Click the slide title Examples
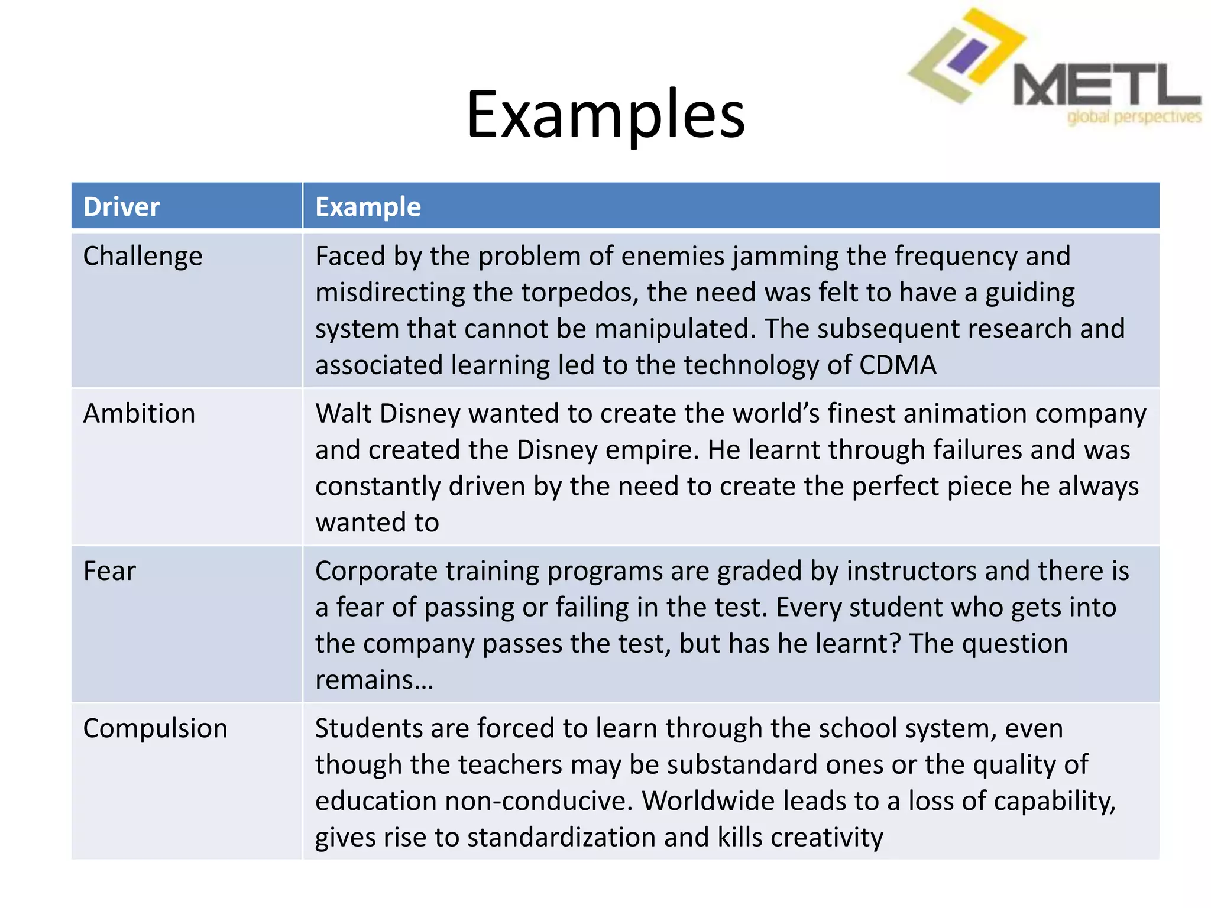tap(605, 115)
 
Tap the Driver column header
tap(121, 207)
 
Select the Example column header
tap(368, 207)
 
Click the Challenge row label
tap(143, 257)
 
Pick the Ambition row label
tap(139, 413)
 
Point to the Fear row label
tap(109, 571)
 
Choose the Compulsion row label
tap(155, 728)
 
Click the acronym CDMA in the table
tap(897, 365)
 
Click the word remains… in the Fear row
tap(374, 680)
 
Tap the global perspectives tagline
tap(1134, 117)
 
